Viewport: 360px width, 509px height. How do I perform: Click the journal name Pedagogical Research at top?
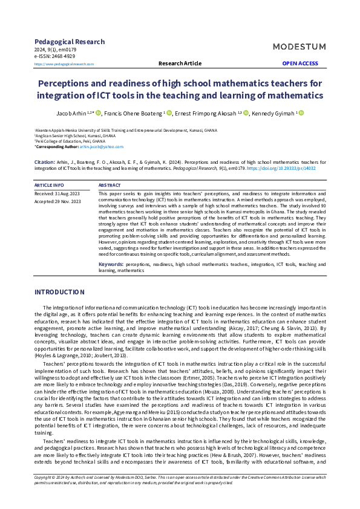click(x=69, y=42)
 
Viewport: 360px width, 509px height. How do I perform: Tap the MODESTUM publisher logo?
click(x=299, y=47)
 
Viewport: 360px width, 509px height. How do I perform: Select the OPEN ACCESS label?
click(x=299, y=63)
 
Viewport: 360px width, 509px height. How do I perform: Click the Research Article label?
click(x=180, y=63)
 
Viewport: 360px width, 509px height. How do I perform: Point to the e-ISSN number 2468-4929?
click(x=64, y=56)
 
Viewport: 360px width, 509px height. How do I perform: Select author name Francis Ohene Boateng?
click(x=133, y=113)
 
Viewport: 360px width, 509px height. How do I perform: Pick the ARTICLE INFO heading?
click(x=49, y=184)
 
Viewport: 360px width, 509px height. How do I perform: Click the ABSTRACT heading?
click(x=110, y=184)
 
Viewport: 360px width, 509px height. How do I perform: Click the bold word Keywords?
click(x=111, y=265)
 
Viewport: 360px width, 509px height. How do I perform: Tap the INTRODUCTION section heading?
click(x=59, y=292)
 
